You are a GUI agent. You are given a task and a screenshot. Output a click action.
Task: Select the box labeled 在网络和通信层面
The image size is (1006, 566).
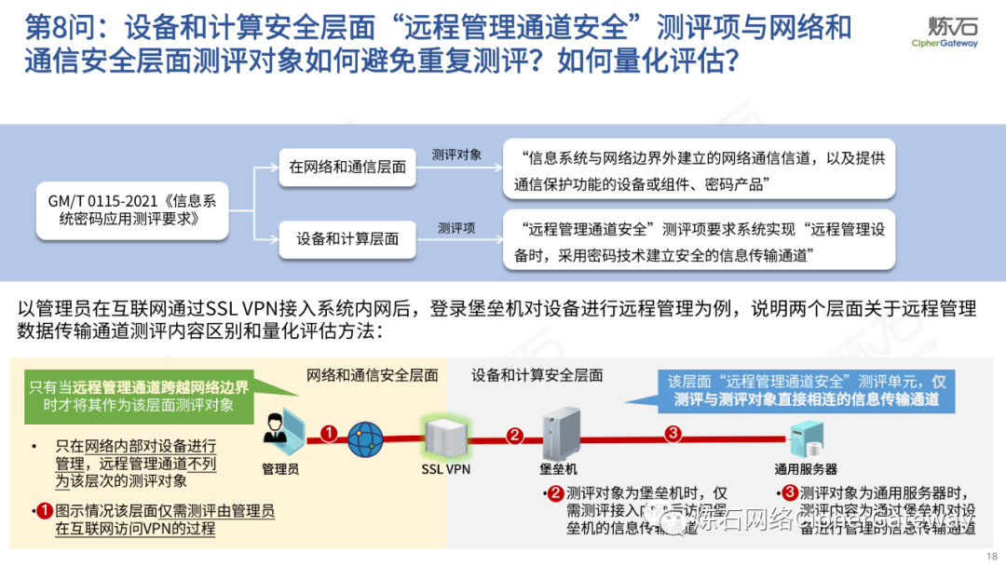click(347, 167)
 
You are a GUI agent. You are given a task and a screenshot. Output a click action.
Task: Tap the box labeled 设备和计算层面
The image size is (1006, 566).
click(347, 238)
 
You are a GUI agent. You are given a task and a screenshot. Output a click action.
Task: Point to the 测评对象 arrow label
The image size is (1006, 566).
click(456, 155)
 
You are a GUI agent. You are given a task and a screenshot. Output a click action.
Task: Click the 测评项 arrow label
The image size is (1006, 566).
click(456, 227)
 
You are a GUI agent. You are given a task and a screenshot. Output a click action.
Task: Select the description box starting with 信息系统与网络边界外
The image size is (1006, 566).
click(699, 170)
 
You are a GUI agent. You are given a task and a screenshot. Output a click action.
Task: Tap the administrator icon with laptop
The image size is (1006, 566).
click(279, 429)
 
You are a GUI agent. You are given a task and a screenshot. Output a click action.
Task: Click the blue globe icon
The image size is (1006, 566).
click(365, 438)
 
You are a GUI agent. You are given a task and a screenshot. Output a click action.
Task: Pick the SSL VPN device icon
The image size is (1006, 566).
click(444, 436)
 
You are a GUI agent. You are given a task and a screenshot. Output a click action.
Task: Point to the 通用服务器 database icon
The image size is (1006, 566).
click(804, 438)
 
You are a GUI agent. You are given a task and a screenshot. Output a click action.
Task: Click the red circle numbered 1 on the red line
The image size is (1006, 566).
click(328, 433)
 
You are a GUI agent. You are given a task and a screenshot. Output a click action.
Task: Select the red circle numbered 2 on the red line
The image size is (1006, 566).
click(515, 435)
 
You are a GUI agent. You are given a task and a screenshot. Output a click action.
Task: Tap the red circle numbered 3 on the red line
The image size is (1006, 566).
click(674, 434)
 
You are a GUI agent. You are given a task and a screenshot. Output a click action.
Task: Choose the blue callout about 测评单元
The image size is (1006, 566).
click(806, 391)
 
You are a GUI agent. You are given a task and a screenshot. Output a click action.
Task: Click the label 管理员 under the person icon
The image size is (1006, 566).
click(279, 470)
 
